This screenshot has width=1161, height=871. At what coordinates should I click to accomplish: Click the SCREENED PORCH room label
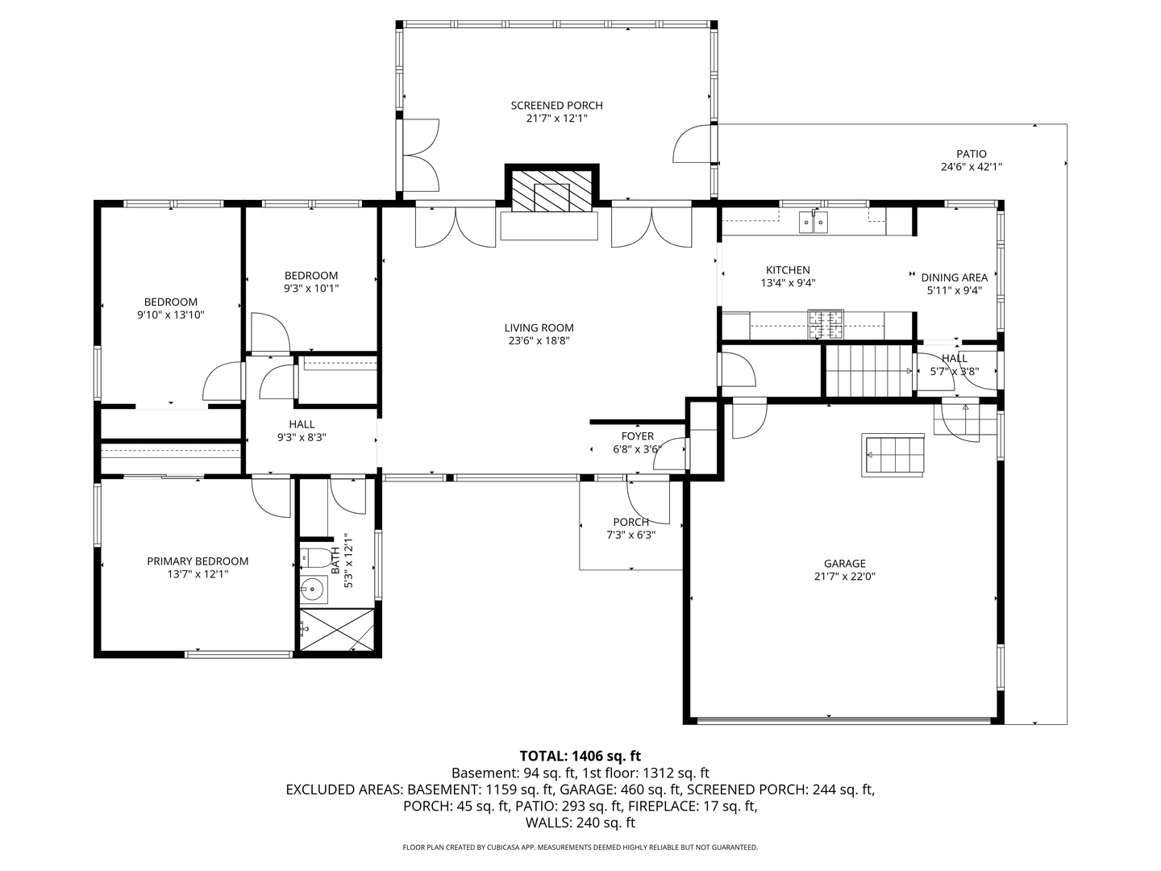click(x=556, y=105)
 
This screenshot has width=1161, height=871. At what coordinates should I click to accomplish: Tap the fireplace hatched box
click(x=551, y=191)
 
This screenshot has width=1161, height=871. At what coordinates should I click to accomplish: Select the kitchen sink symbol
click(x=813, y=222)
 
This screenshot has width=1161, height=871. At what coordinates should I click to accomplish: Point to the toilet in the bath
click(x=313, y=557)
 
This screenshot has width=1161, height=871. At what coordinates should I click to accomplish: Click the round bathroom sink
click(x=314, y=590)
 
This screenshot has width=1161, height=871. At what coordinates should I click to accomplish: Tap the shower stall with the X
click(x=337, y=630)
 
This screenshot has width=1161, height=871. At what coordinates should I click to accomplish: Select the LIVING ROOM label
click(x=539, y=328)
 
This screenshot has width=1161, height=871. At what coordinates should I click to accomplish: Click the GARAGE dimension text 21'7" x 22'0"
click(x=845, y=577)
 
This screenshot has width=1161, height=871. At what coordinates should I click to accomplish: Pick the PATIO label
click(x=971, y=154)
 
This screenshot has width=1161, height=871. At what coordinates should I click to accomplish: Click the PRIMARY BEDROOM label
click(x=198, y=561)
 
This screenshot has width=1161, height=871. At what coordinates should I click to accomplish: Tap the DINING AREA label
click(x=954, y=277)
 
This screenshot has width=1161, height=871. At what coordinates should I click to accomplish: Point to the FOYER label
click(x=638, y=436)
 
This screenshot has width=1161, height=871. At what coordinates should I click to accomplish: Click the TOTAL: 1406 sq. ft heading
click(x=580, y=756)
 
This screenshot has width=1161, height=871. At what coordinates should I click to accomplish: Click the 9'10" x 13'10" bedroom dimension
click(x=170, y=315)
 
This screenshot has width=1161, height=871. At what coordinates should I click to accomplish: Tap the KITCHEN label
click(x=788, y=269)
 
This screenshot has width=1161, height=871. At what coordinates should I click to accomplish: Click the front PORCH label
click(x=631, y=522)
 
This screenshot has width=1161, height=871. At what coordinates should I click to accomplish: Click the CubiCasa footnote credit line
click(x=580, y=847)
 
